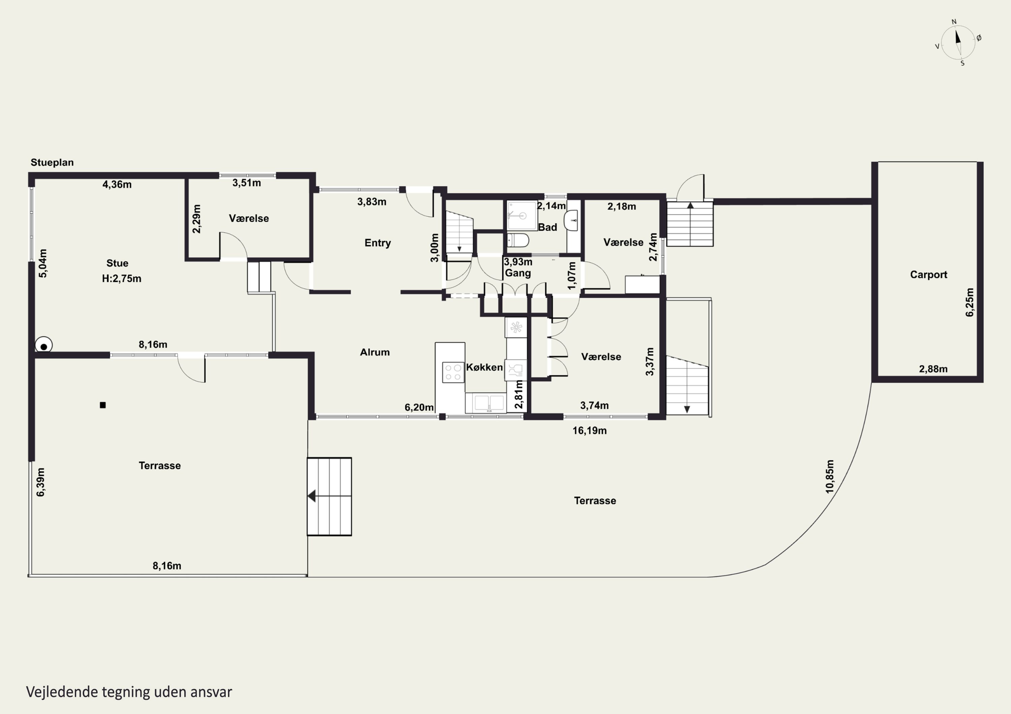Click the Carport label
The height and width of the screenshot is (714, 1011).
click(929, 274)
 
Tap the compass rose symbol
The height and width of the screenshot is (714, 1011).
click(958, 42)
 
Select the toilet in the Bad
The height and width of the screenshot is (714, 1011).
click(518, 240)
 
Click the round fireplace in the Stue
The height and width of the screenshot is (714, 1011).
click(43, 345)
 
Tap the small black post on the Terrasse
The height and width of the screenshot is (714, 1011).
click(102, 405)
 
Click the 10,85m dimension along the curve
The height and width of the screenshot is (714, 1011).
click(830, 476)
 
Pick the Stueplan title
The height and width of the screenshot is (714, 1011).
click(52, 162)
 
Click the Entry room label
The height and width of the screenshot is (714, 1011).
click(377, 243)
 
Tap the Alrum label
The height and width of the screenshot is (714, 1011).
click(375, 352)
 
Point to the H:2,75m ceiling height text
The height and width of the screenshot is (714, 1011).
click(122, 278)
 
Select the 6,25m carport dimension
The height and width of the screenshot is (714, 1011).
click(969, 302)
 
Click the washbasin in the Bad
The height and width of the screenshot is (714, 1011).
click(571, 220)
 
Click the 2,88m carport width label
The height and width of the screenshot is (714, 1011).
click(933, 369)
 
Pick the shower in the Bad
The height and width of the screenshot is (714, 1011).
click(522, 215)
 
